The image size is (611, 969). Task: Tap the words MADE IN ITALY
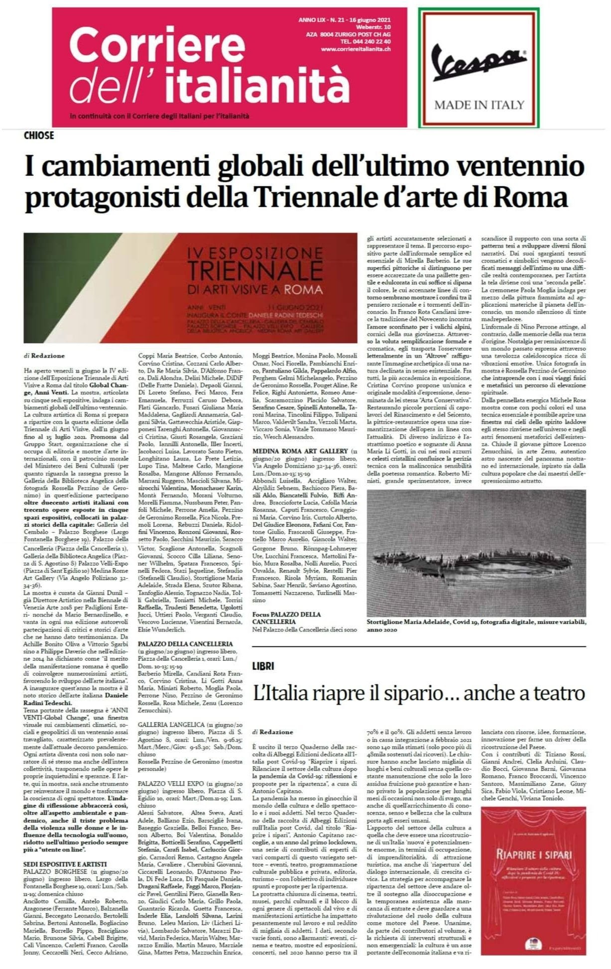pos(479,105)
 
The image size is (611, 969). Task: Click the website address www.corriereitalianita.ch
pos(356,49)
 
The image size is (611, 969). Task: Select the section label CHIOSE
pos(39,135)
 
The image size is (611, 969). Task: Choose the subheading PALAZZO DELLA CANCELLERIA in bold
pos(185,643)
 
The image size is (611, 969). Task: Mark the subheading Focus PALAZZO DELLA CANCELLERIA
pos(286,618)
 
